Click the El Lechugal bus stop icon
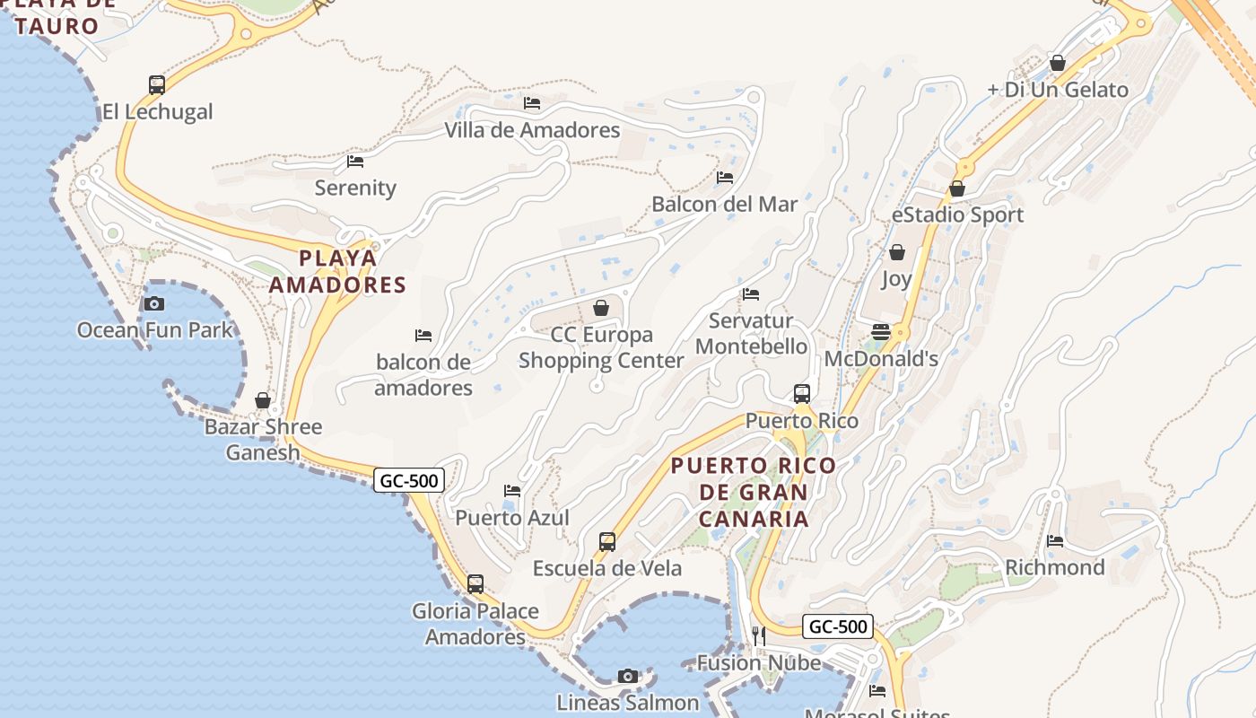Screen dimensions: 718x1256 [x=157, y=85]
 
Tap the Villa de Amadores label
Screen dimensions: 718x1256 [x=532, y=130]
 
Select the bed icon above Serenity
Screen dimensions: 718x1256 [x=355, y=162]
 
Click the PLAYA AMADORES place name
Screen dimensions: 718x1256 [x=338, y=271]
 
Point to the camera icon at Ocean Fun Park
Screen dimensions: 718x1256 [x=154, y=303]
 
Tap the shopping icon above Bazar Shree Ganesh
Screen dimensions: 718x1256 [x=263, y=400]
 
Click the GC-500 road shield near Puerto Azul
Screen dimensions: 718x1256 [x=409, y=481]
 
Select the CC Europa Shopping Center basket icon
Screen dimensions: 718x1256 [x=601, y=308]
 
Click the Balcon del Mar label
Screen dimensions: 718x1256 [x=724, y=204]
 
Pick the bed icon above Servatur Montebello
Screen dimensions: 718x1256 [x=751, y=293]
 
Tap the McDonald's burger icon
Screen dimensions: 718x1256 [x=880, y=332]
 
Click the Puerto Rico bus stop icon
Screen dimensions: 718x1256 [x=802, y=393]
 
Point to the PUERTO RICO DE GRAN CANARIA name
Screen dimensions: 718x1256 [x=754, y=492]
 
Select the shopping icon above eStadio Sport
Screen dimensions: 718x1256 [x=957, y=188]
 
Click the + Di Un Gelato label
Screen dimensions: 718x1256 [x=1058, y=90]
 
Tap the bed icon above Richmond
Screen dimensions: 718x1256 [x=1055, y=540]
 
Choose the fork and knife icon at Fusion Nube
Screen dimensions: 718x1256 [x=759, y=635]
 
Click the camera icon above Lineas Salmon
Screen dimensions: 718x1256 [x=628, y=676]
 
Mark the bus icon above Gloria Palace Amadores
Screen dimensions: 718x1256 [x=475, y=583]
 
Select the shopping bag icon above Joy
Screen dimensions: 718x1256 [x=896, y=252]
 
